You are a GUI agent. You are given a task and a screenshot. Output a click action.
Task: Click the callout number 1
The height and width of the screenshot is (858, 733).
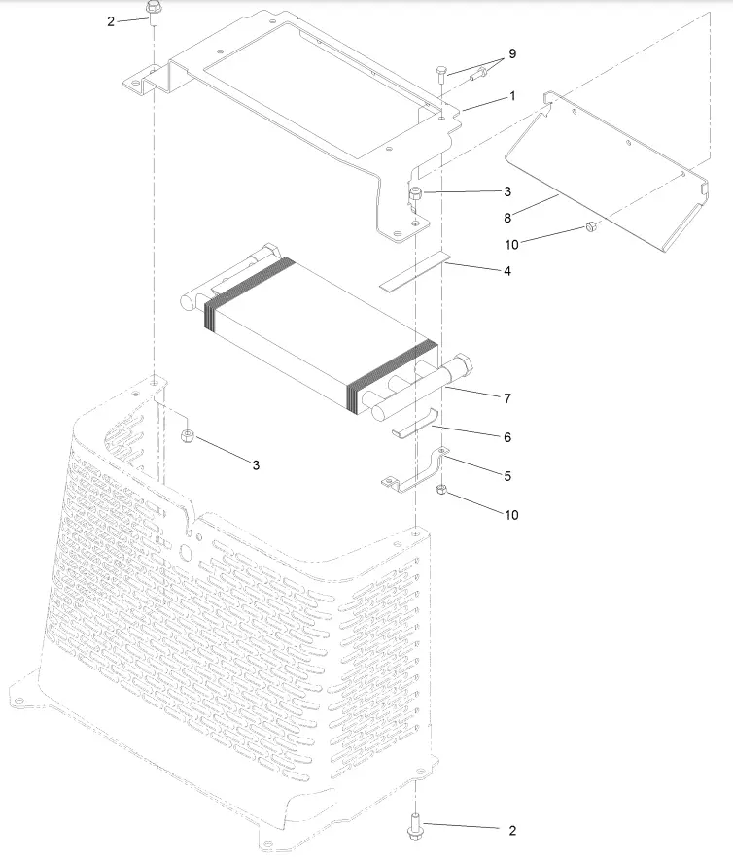(512, 97)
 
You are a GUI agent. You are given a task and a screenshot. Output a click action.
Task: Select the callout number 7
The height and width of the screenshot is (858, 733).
(508, 398)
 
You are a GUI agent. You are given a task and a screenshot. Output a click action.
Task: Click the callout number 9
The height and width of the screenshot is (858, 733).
(511, 53)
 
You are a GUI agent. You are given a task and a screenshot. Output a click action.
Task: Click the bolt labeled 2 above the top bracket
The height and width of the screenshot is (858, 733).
(154, 13)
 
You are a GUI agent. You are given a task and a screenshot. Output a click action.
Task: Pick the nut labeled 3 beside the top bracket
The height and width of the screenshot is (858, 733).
(416, 193)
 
